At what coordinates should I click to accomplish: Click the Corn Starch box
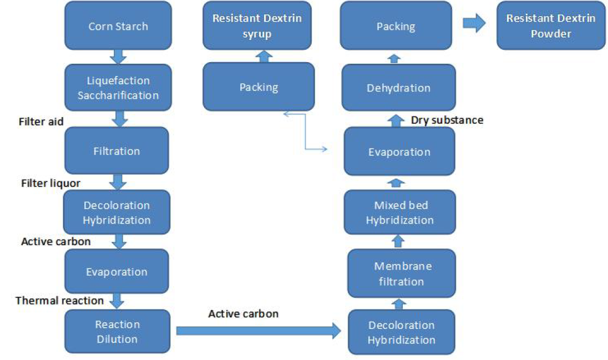coord(118,26)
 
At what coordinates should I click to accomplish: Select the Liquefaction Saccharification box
coord(118,88)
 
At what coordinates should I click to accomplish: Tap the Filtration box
coord(116,150)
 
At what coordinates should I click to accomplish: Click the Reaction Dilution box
coord(117,331)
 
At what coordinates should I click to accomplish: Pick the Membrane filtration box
coord(401,273)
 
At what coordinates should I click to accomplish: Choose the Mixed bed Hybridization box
coord(399,212)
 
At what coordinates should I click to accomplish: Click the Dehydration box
coord(398,88)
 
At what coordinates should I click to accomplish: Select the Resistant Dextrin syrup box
coord(257,26)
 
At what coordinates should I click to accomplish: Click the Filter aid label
coord(41,121)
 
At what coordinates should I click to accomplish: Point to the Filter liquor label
coord(50,182)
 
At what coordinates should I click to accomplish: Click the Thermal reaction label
coord(59,301)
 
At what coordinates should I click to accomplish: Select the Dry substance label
coord(447,120)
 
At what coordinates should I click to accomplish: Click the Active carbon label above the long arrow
coord(243,314)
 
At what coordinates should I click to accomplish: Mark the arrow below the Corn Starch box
coord(118,56)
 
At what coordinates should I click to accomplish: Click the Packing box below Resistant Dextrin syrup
coord(259,87)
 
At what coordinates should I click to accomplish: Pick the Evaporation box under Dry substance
coord(399,151)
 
